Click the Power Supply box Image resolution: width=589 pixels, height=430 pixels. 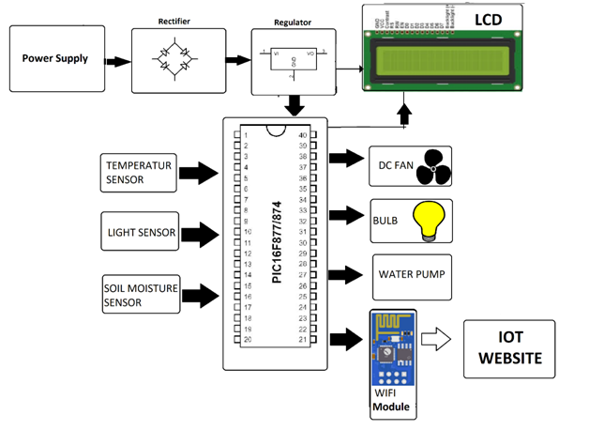tap(56, 58)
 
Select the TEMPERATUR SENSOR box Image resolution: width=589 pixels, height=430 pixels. tap(138, 173)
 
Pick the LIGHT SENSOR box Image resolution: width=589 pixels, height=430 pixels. tap(138, 231)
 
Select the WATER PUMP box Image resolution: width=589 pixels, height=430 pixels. tap(411, 275)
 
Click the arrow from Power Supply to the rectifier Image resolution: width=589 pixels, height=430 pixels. tap(117, 61)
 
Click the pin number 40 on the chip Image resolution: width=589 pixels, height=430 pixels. tap(302, 136)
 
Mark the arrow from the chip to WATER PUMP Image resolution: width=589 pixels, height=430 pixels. tap(343, 275)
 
